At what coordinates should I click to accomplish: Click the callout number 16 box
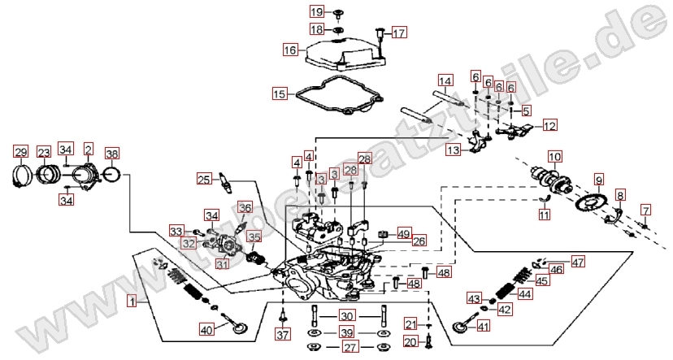click(290, 50)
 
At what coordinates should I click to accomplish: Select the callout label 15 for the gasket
click(279, 94)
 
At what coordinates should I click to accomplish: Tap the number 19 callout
click(316, 11)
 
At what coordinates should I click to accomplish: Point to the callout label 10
click(554, 156)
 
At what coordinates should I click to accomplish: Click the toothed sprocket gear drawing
click(593, 202)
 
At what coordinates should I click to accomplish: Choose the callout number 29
click(20, 152)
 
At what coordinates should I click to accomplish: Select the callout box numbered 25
click(204, 179)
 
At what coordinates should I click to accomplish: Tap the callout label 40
click(206, 329)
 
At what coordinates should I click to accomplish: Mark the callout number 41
click(483, 327)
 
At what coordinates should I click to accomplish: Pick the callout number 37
click(282, 335)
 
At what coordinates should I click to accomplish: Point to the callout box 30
click(347, 316)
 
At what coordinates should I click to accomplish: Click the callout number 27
click(350, 348)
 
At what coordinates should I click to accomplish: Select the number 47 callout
click(577, 262)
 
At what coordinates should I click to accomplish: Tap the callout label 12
click(550, 126)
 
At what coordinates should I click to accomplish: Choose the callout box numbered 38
click(112, 153)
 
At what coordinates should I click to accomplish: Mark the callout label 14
click(445, 81)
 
